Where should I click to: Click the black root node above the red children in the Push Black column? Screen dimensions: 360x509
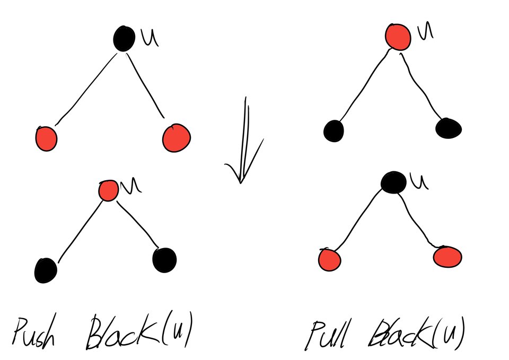click(x=123, y=39)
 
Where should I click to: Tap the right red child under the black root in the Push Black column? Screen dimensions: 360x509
click(x=176, y=137)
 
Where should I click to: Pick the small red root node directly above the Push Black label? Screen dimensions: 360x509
click(x=109, y=190)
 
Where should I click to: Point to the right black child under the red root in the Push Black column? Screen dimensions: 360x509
click(x=164, y=259)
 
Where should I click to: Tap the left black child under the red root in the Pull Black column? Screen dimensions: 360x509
click(x=334, y=130)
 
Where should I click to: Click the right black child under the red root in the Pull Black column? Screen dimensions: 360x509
click(x=448, y=128)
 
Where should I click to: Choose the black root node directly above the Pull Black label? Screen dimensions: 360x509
click(x=393, y=182)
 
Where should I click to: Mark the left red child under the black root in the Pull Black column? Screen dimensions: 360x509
click(x=329, y=260)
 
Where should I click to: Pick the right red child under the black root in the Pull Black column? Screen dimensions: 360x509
click(x=447, y=257)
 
